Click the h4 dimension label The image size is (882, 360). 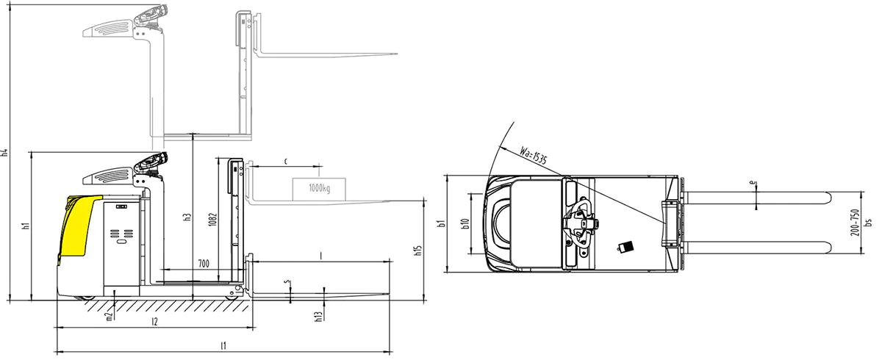[4, 153]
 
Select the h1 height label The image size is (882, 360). [26, 226]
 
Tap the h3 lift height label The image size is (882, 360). [187, 217]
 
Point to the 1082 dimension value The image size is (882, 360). [212, 220]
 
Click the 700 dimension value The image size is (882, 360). [204, 264]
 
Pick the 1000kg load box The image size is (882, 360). [319, 190]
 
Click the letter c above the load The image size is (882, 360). [286, 161]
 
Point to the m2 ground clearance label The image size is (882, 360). [110, 315]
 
